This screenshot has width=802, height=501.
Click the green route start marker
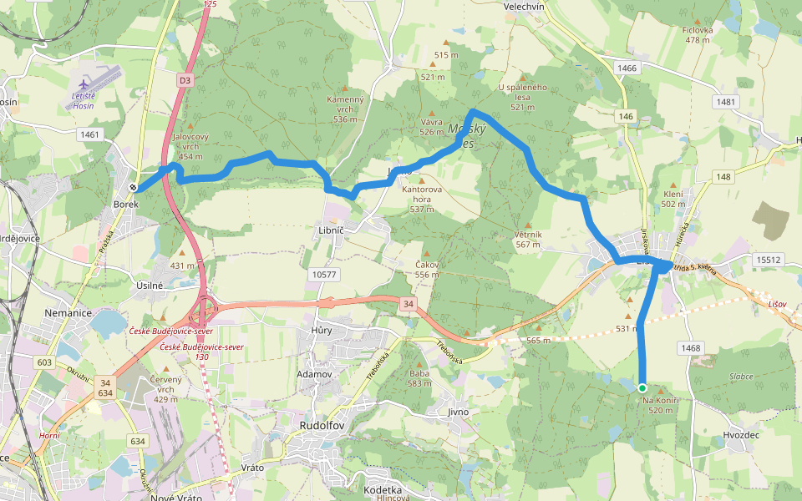(x=642, y=387)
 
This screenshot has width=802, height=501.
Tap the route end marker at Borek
(x=134, y=187)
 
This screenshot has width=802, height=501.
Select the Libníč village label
(x=332, y=229)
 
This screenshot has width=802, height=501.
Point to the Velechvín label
(x=524, y=6)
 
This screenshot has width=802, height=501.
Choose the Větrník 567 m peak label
(x=528, y=240)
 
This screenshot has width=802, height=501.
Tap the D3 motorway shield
(x=185, y=80)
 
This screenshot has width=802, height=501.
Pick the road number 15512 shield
(x=769, y=261)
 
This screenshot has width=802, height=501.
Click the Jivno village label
(x=458, y=412)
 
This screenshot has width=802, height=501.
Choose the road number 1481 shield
(x=727, y=102)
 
